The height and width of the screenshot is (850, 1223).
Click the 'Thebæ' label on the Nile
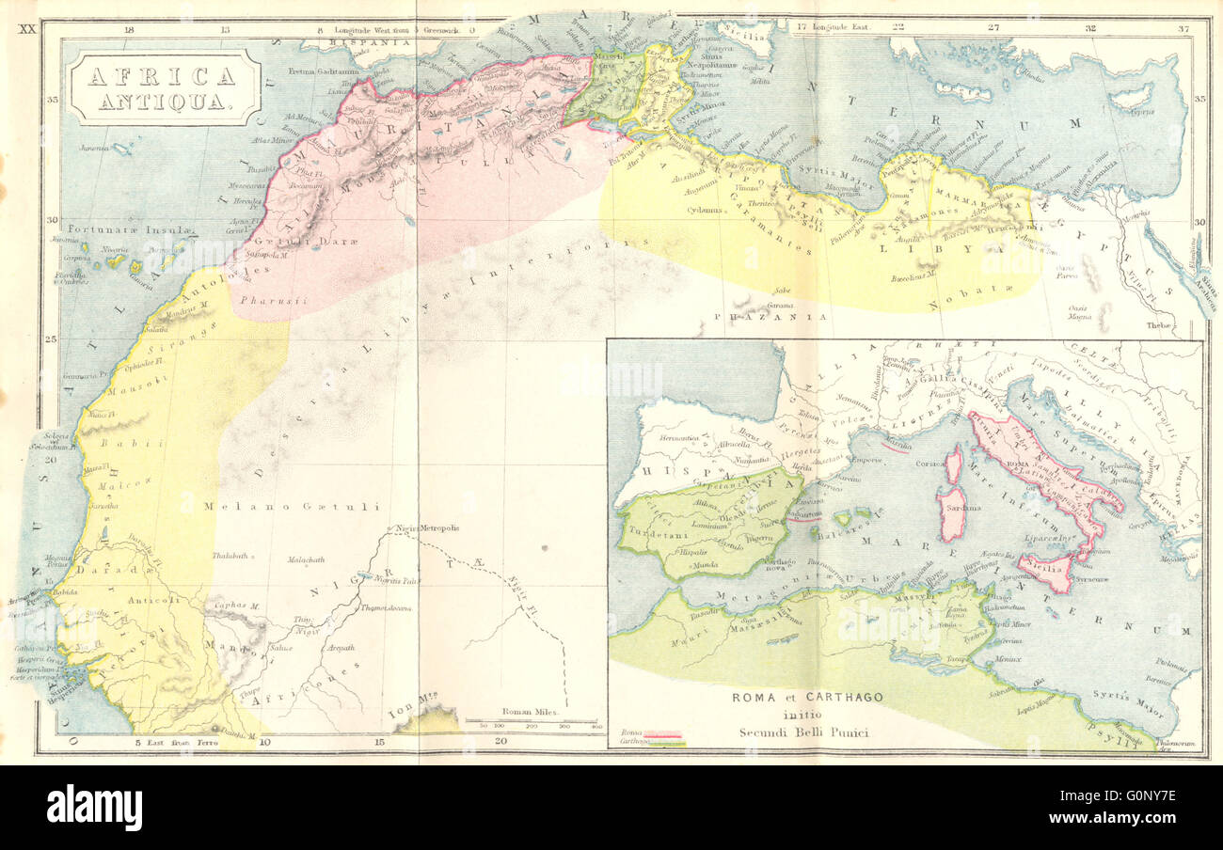point(1159,325)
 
